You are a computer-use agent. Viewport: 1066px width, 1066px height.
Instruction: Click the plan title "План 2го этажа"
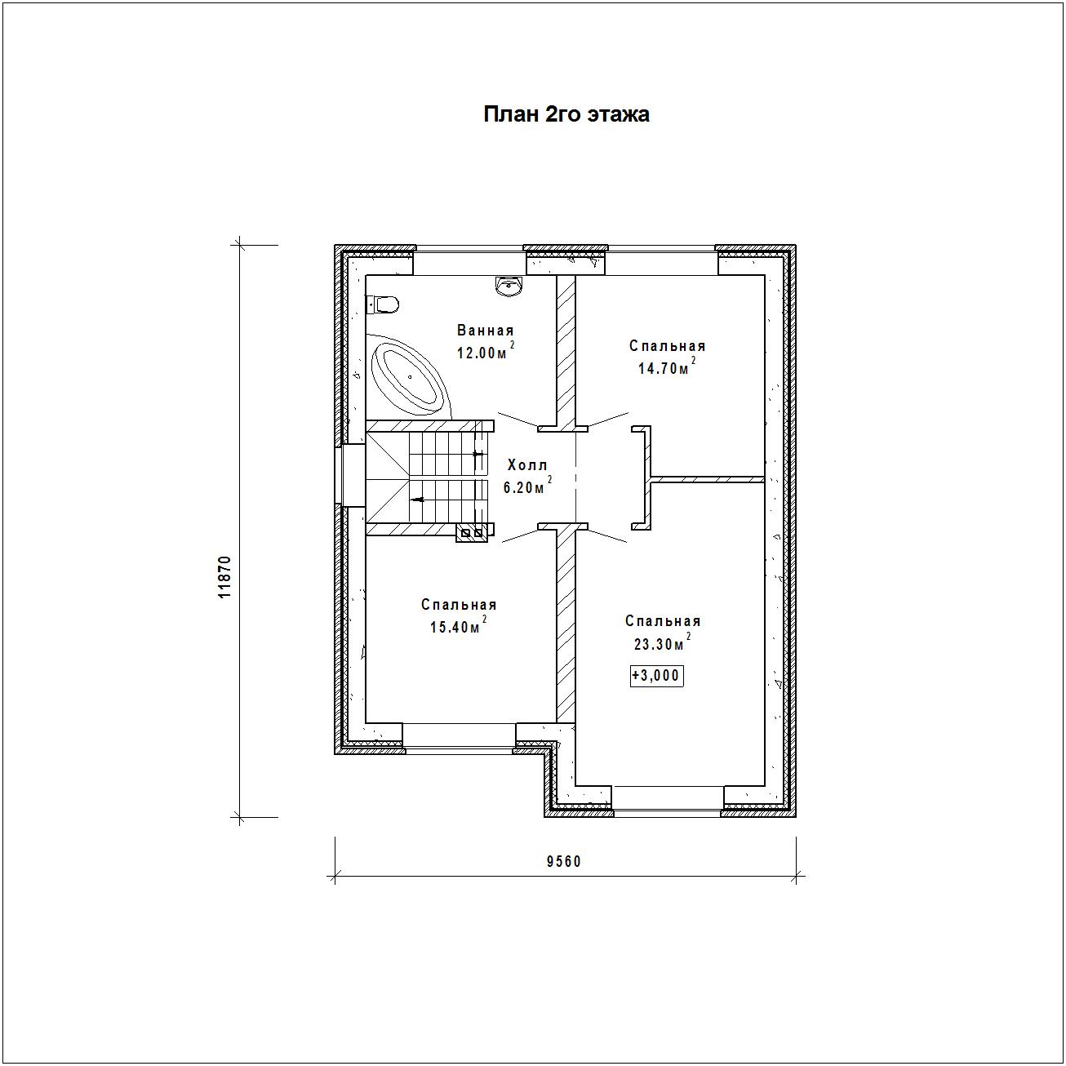(566, 114)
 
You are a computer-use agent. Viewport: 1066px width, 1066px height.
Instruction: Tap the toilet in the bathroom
(386, 304)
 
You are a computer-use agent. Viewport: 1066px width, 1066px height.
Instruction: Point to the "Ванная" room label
(485, 331)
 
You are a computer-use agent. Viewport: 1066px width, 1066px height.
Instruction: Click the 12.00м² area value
(486, 351)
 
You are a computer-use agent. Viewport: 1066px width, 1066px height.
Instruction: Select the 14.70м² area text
(667, 366)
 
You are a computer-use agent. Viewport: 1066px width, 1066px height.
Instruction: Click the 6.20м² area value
(527, 486)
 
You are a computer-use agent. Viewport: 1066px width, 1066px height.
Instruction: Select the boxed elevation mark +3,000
(656, 676)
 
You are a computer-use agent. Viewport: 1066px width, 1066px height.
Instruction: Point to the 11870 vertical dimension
(224, 577)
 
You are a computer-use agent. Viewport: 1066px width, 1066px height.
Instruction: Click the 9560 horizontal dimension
(564, 861)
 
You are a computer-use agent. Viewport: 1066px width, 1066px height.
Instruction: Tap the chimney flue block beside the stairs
(471, 533)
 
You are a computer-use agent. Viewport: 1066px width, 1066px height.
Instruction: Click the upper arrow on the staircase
(479, 454)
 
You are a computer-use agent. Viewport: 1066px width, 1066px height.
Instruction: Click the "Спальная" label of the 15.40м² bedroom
(459, 604)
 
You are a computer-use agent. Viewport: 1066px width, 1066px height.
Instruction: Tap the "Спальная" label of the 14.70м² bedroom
(667, 346)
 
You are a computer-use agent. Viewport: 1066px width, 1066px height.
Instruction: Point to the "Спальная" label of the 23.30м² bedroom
(663, 620)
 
